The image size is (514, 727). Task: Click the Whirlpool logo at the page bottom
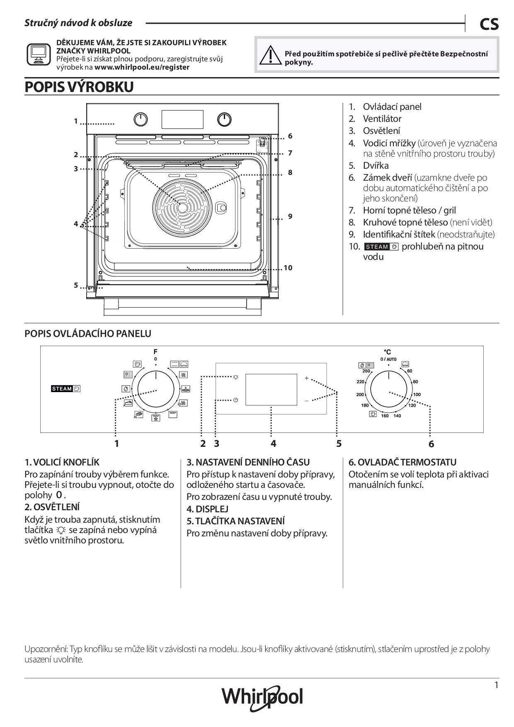[262, 697]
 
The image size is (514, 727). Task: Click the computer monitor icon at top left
[39, 54]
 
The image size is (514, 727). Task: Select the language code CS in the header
[489, 24]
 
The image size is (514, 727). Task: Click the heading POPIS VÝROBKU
[79, 87]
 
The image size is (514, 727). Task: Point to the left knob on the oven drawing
[141, 119]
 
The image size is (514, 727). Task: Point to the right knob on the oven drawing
[224, 119]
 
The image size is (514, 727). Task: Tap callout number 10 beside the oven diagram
[288, 268]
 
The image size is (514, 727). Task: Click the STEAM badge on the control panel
[65, 389]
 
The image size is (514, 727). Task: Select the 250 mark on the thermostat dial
[366, 371]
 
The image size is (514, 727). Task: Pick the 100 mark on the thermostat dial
[417, 394]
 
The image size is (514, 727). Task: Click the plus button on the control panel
[307, 378]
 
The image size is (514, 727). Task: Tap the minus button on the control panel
[307, 401]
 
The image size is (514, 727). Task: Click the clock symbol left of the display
[235, 400]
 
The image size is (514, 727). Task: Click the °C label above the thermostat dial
[387, 352]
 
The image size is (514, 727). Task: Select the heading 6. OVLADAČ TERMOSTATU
[402, 462]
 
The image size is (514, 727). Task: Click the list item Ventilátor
[382, 119]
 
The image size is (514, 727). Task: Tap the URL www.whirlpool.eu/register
[142, 67]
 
